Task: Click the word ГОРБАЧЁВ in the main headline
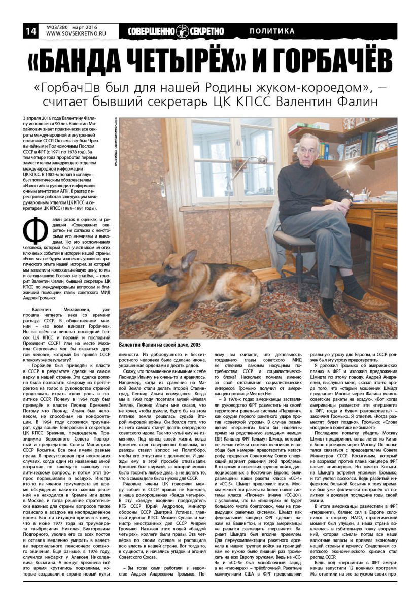(325, 61)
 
